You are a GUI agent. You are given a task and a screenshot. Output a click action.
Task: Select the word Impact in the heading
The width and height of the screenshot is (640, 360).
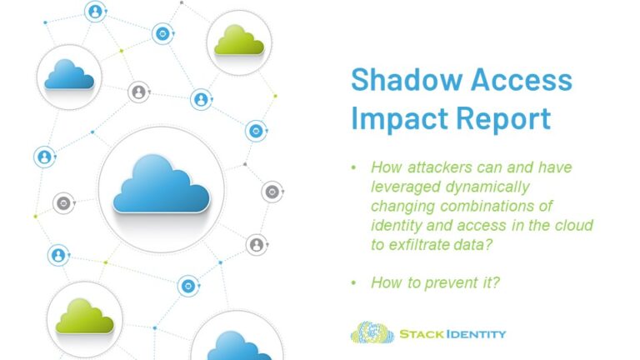click(396, 118)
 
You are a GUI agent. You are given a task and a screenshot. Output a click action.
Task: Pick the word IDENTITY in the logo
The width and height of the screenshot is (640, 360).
click(472, 334)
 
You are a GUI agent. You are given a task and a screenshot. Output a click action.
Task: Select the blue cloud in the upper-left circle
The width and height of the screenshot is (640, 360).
click(69, 75)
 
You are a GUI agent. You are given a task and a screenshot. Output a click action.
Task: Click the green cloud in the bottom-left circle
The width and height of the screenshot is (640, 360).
click(84, 317)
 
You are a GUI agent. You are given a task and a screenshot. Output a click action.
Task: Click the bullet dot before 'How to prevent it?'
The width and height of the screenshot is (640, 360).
click(354, 283)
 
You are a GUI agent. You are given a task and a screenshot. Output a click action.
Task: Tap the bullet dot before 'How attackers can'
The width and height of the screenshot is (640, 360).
click(354, 168)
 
